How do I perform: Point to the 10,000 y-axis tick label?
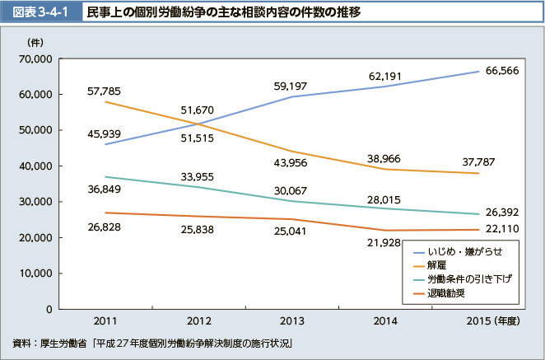(36, 273)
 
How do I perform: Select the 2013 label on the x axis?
(292, 320)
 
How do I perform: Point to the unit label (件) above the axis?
(36, 41)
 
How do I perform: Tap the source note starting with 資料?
(153, 342)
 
